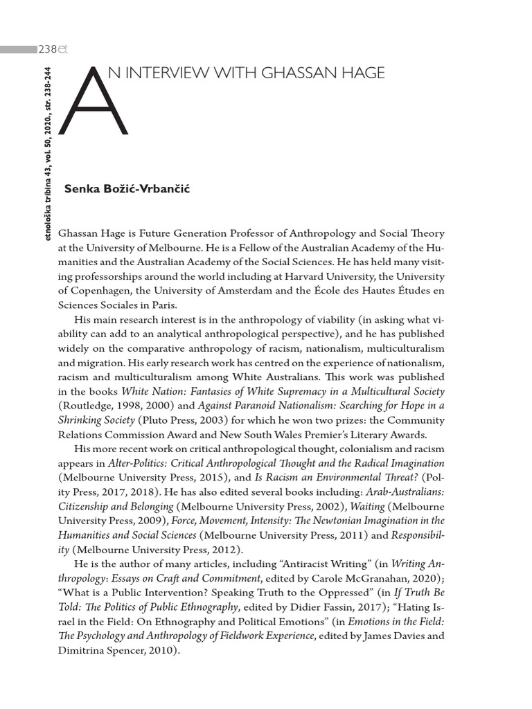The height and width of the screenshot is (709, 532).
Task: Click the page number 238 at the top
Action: tap(47, 49)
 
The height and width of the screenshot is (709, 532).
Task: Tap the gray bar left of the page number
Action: tap(19, 50)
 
